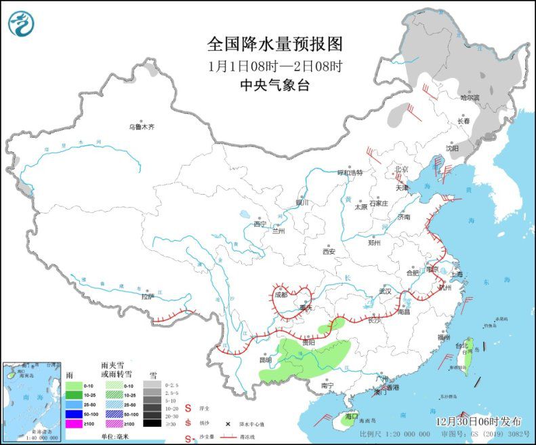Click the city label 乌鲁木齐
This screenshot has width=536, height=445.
click(142, 127)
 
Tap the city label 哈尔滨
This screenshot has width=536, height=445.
click(470, 98)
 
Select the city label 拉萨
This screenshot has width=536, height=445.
click(148, 296)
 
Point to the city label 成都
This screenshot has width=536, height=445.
click(281, 294)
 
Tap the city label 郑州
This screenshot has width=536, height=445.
click(375, 242)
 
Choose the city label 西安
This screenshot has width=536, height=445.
click(329, 251)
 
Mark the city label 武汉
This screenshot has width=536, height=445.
click(386, 291)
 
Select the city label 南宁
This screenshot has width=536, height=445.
click(327, 385)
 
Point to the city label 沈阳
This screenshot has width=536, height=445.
click(452, 147)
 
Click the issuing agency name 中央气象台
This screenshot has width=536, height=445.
click(274, 85)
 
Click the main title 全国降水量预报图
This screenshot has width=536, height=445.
click(274, 45)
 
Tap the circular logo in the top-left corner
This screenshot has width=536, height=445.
click(22, 24)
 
